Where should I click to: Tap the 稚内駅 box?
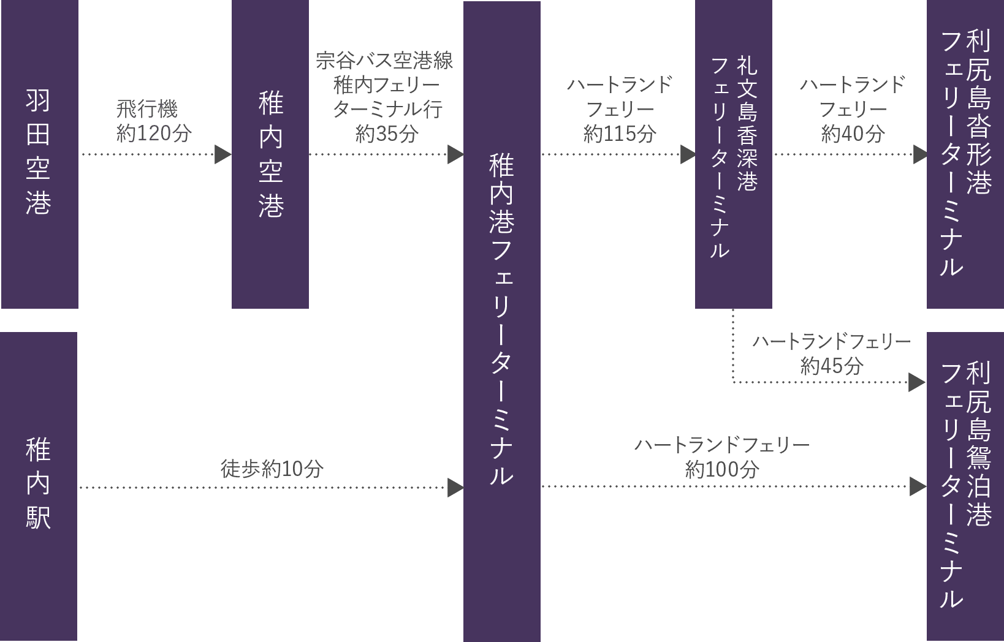39,485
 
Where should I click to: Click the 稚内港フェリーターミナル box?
501,320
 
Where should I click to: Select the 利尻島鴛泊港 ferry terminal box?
965,485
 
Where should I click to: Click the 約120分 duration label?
154,134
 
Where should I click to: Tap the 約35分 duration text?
387,134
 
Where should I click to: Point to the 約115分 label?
619,134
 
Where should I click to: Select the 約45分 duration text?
831,366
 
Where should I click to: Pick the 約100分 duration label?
721,470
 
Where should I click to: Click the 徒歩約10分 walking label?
272,469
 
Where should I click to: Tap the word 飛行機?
147,110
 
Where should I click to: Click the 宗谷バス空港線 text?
384,61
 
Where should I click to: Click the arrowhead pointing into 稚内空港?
223,154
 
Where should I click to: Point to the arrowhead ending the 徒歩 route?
455,488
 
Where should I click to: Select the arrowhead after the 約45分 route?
916,383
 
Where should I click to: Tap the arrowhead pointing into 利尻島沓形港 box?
920,154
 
